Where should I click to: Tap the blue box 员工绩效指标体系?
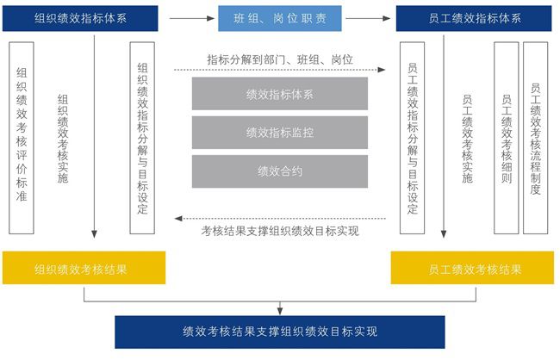click(x=474, y=18)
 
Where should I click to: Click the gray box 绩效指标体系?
click(x=280, y=94)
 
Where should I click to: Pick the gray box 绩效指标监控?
click(x=280, y=133)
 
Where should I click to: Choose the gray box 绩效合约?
click(x=280, y=171)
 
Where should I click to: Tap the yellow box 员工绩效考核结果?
click(x=474, y=269)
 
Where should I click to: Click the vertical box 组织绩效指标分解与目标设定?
click(x=142, y=138)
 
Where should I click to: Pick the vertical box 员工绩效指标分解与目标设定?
click(x=413, y=138)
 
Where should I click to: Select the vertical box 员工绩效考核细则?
click(x=506, y=138)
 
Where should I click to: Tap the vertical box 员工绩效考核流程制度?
click(x=535, y=138)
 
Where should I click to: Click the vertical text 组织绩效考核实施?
click(x=62, y=138)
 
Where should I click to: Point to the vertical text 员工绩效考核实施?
click(x=467, y=138)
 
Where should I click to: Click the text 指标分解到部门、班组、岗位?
click(x=280, y=59)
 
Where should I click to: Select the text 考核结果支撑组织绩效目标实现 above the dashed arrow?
click(x=280, y=231)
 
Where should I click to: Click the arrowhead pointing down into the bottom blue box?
click(x=280, y=311)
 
